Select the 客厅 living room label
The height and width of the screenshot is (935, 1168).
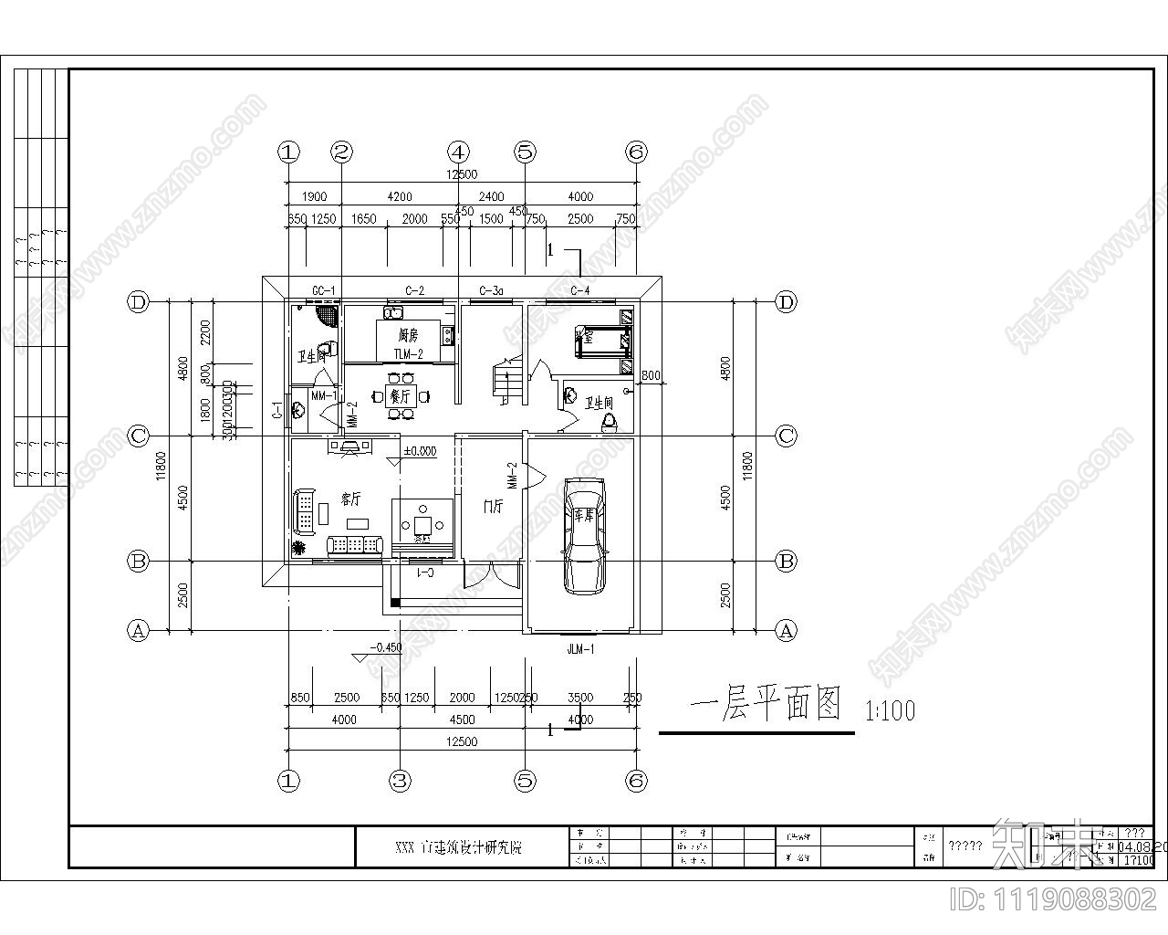pyautogui.click(x=351, y=499)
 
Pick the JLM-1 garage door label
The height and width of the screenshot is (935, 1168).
pyautogui.click(x=580, y=650)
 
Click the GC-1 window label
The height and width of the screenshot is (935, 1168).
pyautogui.click(x=324, y=291)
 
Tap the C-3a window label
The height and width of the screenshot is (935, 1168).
pyautogui.click(x=491, y=291)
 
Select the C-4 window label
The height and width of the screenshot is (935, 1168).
pyautogui.click(x=580, y=291)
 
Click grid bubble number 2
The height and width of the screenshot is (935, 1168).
pyautogui.click(x=341, y=152)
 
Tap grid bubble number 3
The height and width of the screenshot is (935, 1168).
pyautogui.click(x=400, y=780)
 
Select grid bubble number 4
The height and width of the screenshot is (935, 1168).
pyautogui.click(x=458, y=152)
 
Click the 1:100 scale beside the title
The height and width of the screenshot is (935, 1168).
pyautogui.click(x=889, y=710)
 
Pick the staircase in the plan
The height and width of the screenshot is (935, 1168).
pyautogui.click(x=506, y=381)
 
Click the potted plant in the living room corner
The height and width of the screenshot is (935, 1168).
pyautogui.click(x=298, y=548)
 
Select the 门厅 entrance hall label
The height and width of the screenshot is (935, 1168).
pyautogui.click(x=493, y=506)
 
